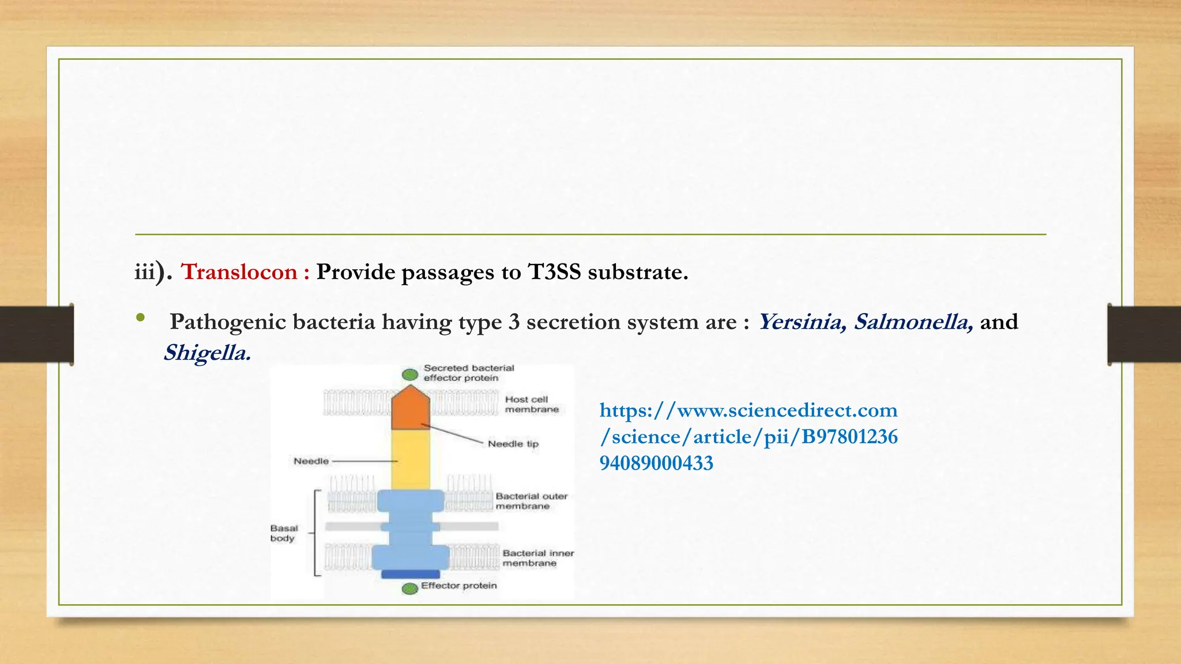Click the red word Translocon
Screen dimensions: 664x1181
coord(239,272)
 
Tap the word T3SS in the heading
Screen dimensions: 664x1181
coord(554,272)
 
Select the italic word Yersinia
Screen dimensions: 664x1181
coord(802,322)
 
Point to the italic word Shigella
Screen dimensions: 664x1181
coord(207,353)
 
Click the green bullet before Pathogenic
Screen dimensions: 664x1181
coord(140,318)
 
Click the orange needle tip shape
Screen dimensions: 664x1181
coord(411,409)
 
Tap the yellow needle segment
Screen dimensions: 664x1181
coord(411,460)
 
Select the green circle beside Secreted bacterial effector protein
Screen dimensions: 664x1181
coord(410,375)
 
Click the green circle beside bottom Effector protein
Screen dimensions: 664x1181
coord(410,588)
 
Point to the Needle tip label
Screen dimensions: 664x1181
coord(513,444)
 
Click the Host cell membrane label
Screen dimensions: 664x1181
coord(532,404)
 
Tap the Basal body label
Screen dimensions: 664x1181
coord(284,533)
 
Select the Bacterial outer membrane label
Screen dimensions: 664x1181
coord(531,501)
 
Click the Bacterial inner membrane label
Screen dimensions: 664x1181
coord(537,558)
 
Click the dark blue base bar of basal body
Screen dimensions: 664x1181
coord(411,574)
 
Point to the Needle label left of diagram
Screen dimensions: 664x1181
coord(311,461)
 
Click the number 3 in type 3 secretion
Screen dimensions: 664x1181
coord(514,322)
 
